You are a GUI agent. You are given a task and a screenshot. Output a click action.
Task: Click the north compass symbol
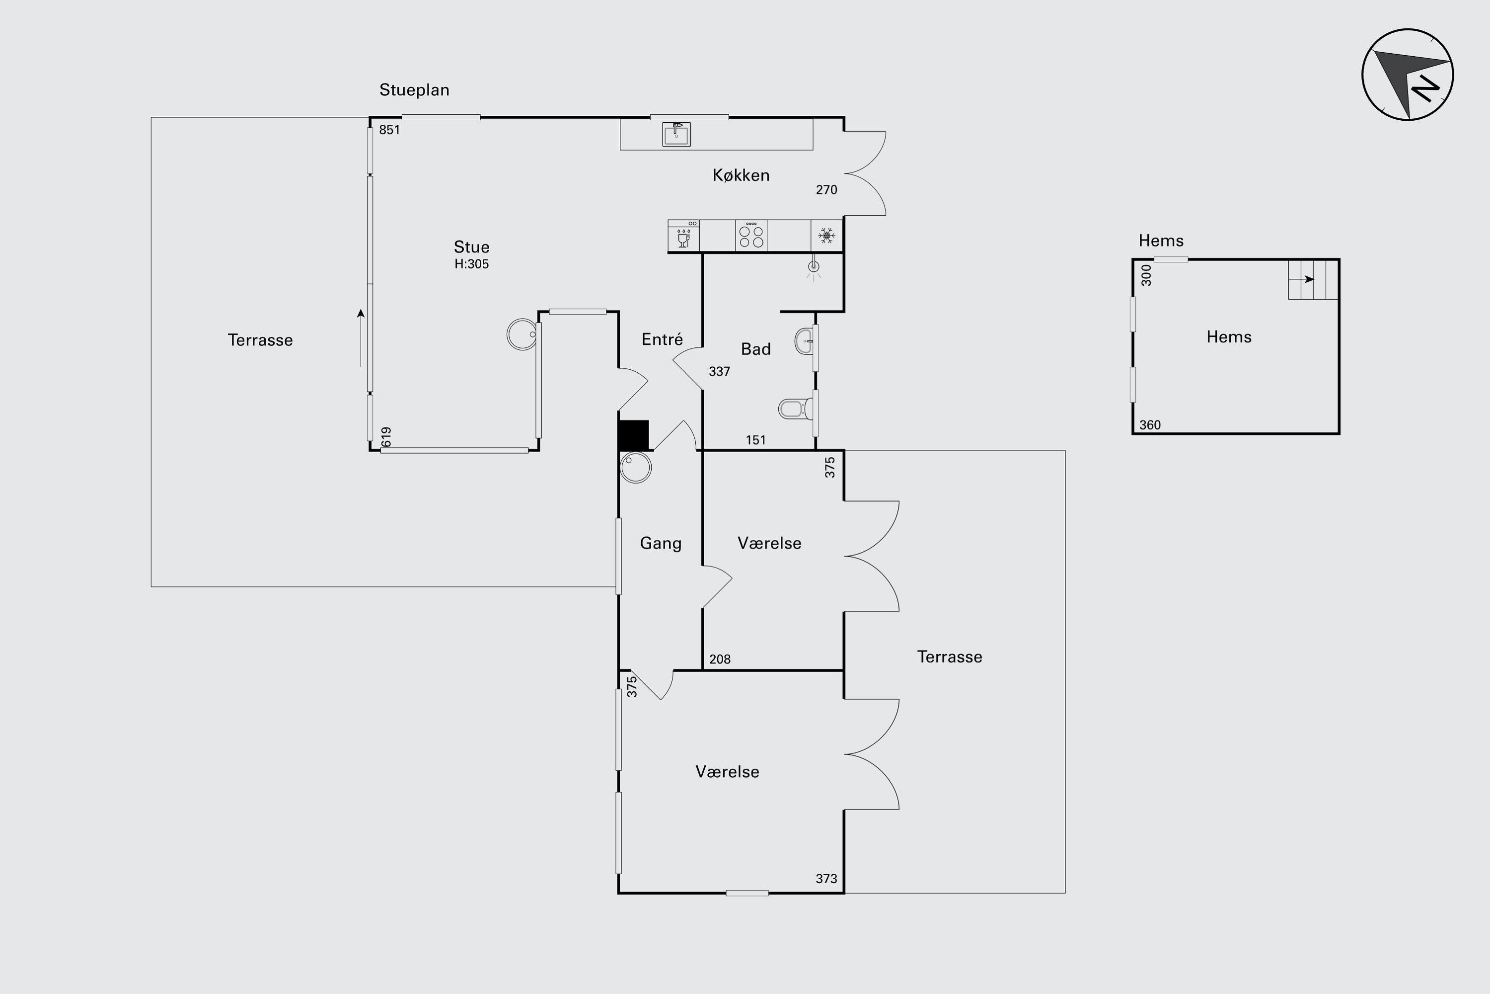pyautogui.click(x=1408, y=75)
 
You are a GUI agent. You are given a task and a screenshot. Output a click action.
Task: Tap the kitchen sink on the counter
pyautogui.click(x=676, y=134)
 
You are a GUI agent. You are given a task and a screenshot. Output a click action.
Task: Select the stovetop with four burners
pyautogui.click(x=751, y=236)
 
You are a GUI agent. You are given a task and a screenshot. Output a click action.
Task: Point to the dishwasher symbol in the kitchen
pyautogui.click(x=683, y=236)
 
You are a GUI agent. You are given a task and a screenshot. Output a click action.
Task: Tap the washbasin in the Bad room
pyautogui.click(x=804, y=341)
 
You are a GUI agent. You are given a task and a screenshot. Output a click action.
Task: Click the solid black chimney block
pyautogui.click(x=634, y=435)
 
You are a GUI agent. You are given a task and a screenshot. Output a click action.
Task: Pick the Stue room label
pyautogui.click(x=471, y=247)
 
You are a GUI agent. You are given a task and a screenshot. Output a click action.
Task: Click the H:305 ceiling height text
pyautogui.click(x=471, y=264)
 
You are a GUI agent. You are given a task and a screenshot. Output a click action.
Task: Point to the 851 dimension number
pyautogui.click(x=389, y=130)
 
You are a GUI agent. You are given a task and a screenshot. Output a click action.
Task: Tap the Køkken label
pyautogui.click(x=741, y=175)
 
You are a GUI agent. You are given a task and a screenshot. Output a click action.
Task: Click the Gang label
pyautogui.click(x=661, y=543)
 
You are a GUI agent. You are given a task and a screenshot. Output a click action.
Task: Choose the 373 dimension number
pyautogui.click(x=826, y=879)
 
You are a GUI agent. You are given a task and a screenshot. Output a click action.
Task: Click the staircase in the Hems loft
pyautogui.click(x=1313, y=279)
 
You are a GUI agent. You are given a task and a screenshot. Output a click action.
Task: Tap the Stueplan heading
pyautogui.click(x=414, y=90)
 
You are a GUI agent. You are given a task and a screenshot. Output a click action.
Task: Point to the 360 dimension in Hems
pyautogui.click(x=1150, y=425)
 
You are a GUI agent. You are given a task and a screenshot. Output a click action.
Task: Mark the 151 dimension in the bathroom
pyautogui.click(x=756, y=440)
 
